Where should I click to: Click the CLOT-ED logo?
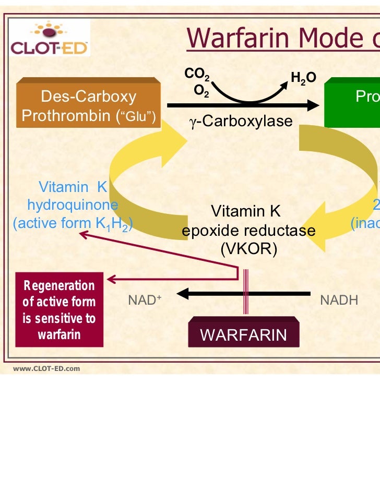coord(50,38)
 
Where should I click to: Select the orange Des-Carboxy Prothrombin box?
coord(89,105)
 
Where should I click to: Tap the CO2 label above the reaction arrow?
coord(197,75)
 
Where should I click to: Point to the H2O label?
coord(303,78)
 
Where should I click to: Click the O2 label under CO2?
coord(201,91)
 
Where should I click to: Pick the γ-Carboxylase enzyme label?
coord(241,122)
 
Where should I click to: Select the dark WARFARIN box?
coord(243,334)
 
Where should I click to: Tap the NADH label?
coord(339,300)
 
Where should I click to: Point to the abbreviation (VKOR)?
coord(248,249)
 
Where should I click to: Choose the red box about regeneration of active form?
coord(59,309)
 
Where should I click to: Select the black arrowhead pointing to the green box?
coord(312,105)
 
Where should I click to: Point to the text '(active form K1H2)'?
coord(73,224)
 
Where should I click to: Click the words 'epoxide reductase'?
coord(248,230)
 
